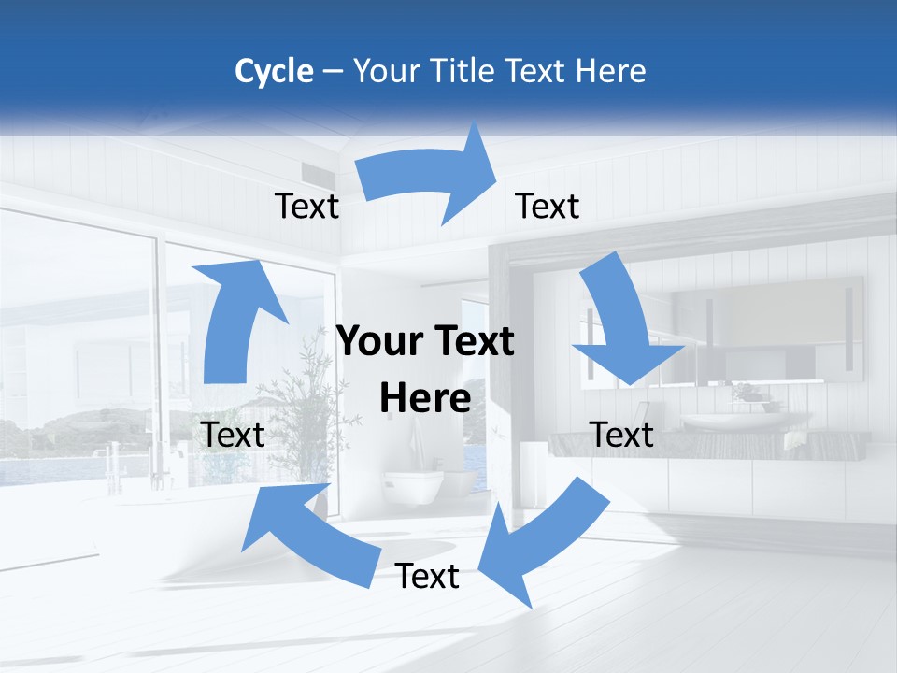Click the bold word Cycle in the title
[x=274, y=71]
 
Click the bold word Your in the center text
[x=377, y=342]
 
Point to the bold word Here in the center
[x=425, y=398]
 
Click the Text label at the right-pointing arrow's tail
[x=307, y=206]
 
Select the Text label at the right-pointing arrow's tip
[x=548, y=206]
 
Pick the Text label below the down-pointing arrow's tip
[x=622, y=435]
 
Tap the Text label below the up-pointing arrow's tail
[x=233, y=435]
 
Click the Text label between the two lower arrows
[x=427, y=576]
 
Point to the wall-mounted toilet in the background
[x=414, y=484]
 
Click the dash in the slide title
[x=333, y=72]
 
